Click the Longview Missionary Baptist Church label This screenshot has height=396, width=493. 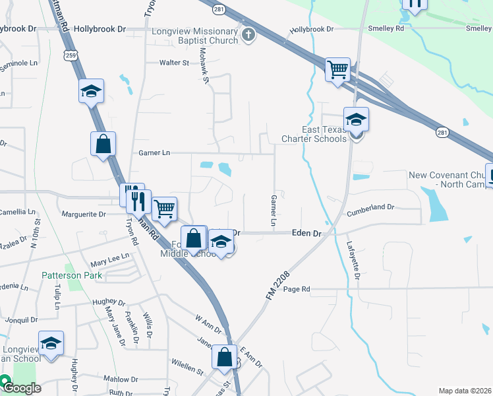pos(194,36)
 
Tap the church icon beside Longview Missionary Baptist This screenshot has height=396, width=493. pos(248,35)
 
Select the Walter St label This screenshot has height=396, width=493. pos(174,63)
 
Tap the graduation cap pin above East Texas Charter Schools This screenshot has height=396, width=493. pos(356,120)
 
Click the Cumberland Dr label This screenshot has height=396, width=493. pos(370,208)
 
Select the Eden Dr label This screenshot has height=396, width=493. pos(307,234)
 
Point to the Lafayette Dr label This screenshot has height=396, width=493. pos(353,260)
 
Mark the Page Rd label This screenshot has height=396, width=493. pos(297,289)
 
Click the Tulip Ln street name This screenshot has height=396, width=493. pos(57,297)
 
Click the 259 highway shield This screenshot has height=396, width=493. pos(71,56)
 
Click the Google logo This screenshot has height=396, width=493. pos(21,387)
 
